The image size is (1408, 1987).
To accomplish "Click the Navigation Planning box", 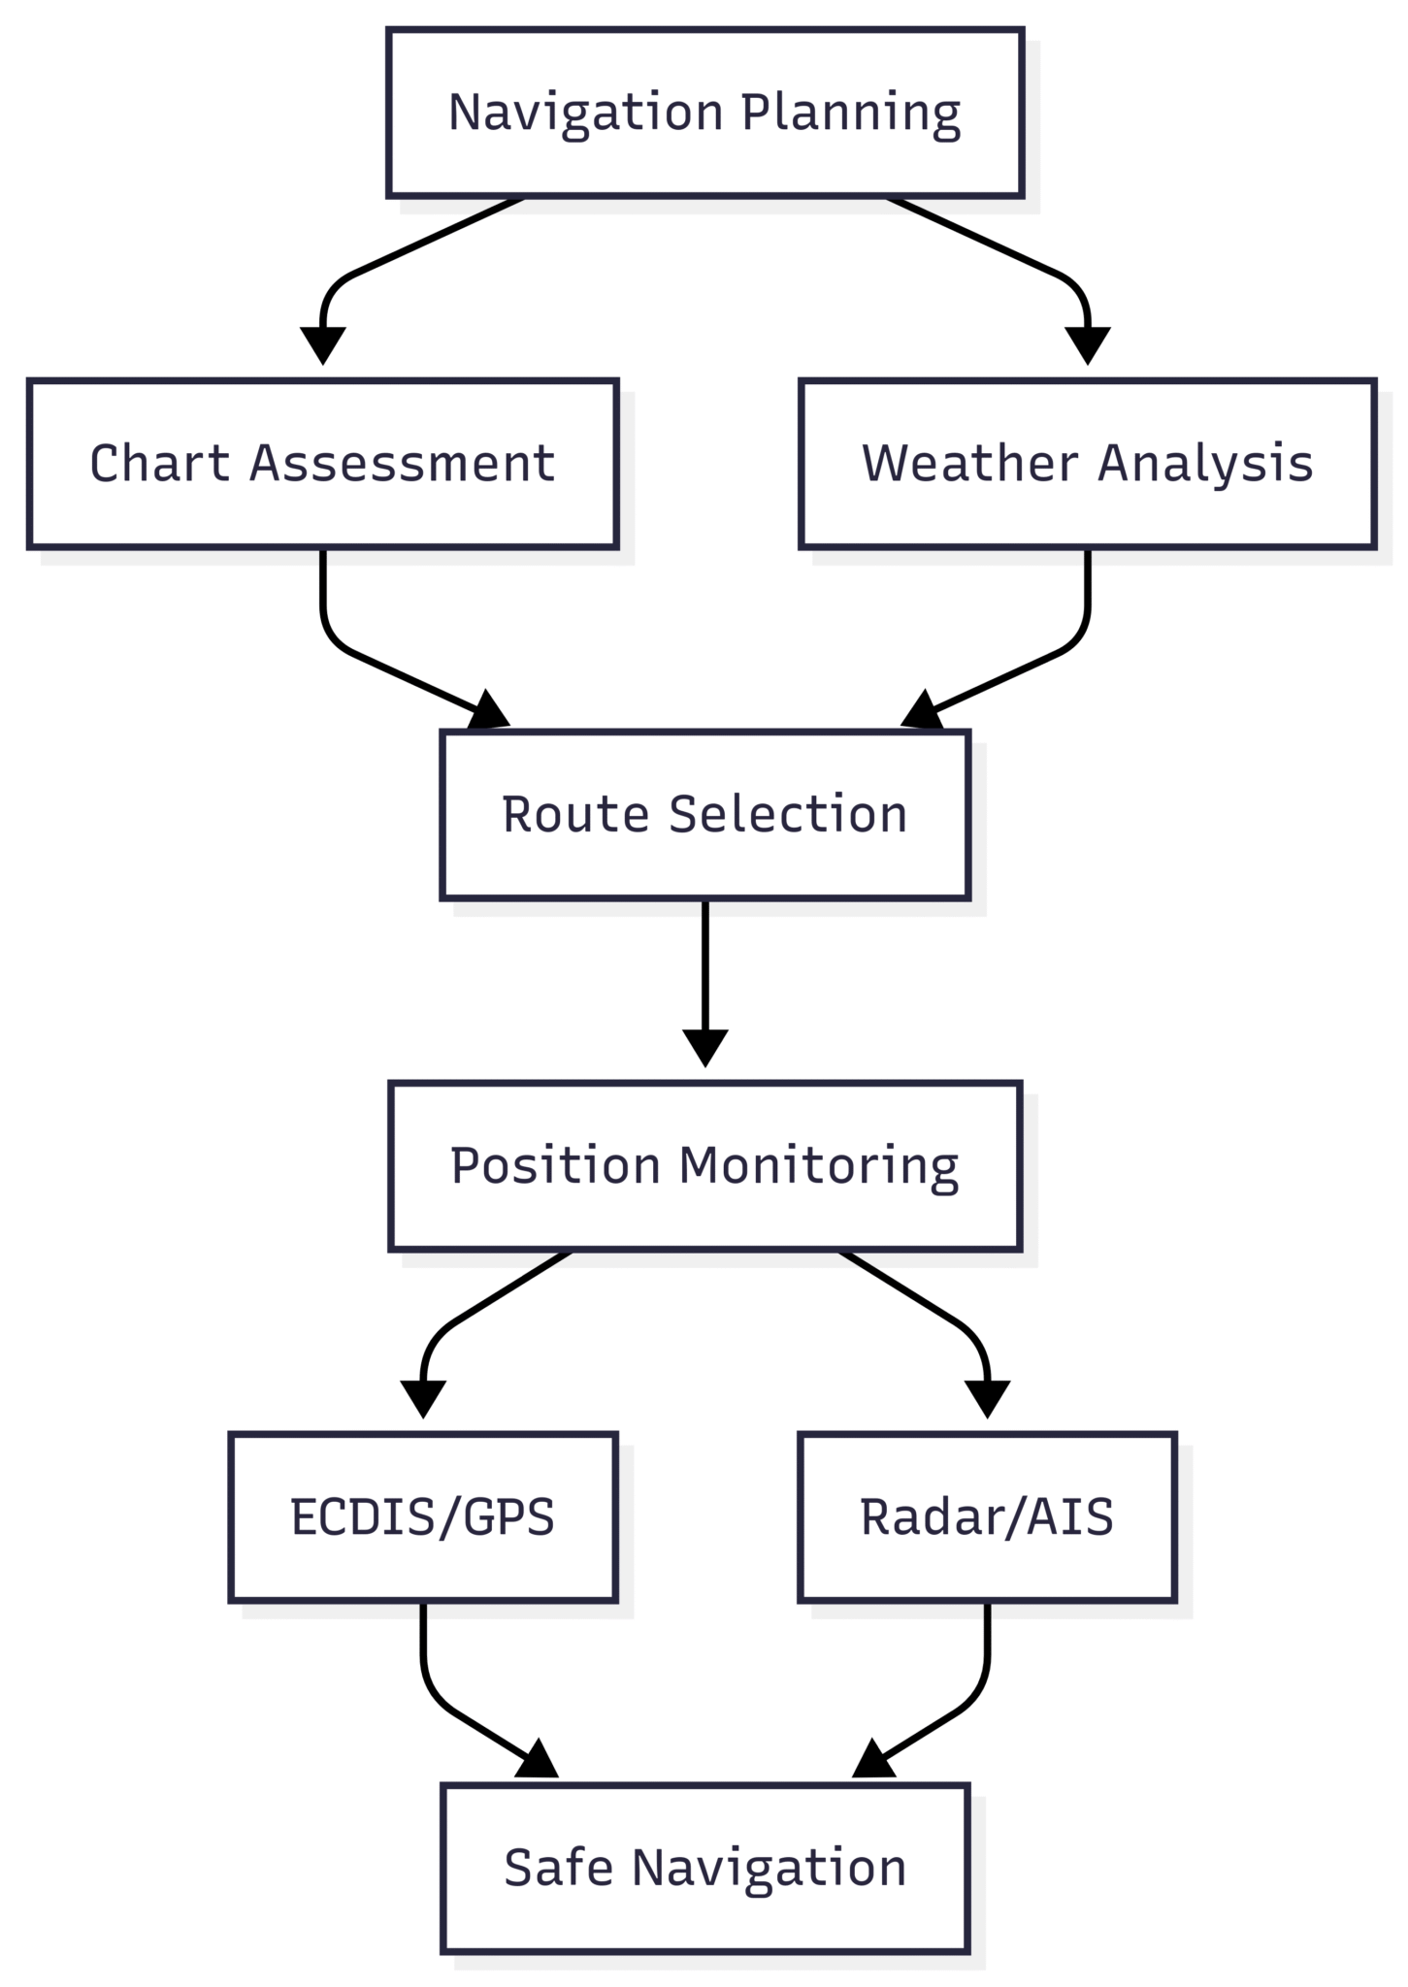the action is point(704,113).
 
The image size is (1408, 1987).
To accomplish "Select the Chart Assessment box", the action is point(323,464).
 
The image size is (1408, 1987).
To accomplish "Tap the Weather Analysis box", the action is point(1088,464).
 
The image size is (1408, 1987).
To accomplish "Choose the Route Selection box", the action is point(704,815).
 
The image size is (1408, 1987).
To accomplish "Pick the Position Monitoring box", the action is point(704,1166).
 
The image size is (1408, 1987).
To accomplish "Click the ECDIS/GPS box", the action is point(423,1517).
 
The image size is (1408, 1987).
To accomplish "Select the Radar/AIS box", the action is point(987,1517).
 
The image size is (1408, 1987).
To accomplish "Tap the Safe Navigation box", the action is point(704,1869).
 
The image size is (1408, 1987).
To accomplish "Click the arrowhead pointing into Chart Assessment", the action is point(323,346).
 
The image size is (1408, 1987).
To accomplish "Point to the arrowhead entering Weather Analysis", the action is point(1088,346).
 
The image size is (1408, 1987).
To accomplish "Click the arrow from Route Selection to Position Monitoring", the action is point(704,984).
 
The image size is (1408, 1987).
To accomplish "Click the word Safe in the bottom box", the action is point(558,1869).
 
